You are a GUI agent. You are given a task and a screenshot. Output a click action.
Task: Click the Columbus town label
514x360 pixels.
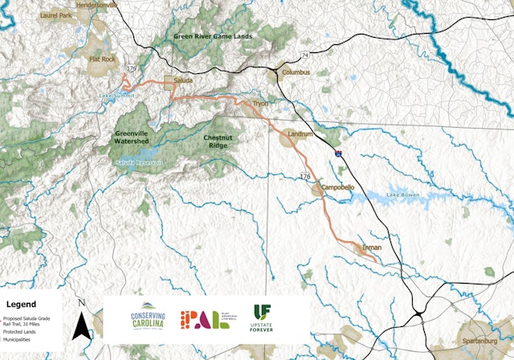296,72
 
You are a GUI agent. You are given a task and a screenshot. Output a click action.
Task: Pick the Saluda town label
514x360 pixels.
183,80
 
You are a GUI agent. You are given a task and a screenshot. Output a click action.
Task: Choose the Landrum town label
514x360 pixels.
300,133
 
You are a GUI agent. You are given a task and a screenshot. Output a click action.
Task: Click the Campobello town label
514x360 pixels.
338,186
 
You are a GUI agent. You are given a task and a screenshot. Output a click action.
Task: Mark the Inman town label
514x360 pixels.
372,247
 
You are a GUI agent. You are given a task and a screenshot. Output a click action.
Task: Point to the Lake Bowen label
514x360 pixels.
404,195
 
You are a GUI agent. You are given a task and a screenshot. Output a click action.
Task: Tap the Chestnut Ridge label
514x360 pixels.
219,141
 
